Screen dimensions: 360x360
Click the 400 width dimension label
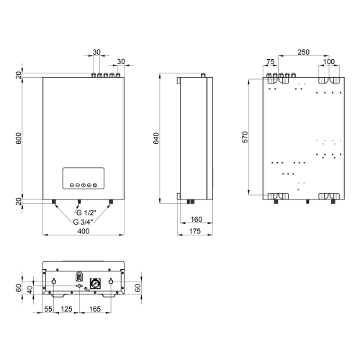point(84,231)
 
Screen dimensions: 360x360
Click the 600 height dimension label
point(19,138)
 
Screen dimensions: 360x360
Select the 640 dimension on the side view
point(156,138)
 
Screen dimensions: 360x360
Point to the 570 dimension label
point(245,137)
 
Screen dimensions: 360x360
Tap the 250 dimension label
point(303,52)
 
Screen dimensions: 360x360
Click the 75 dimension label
point(271,62)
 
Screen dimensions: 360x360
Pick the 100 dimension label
point(329,62)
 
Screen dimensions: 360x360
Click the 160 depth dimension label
point(197,220)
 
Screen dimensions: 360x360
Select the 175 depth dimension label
point(194,231)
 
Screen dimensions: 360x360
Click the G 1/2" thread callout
point(86,212)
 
